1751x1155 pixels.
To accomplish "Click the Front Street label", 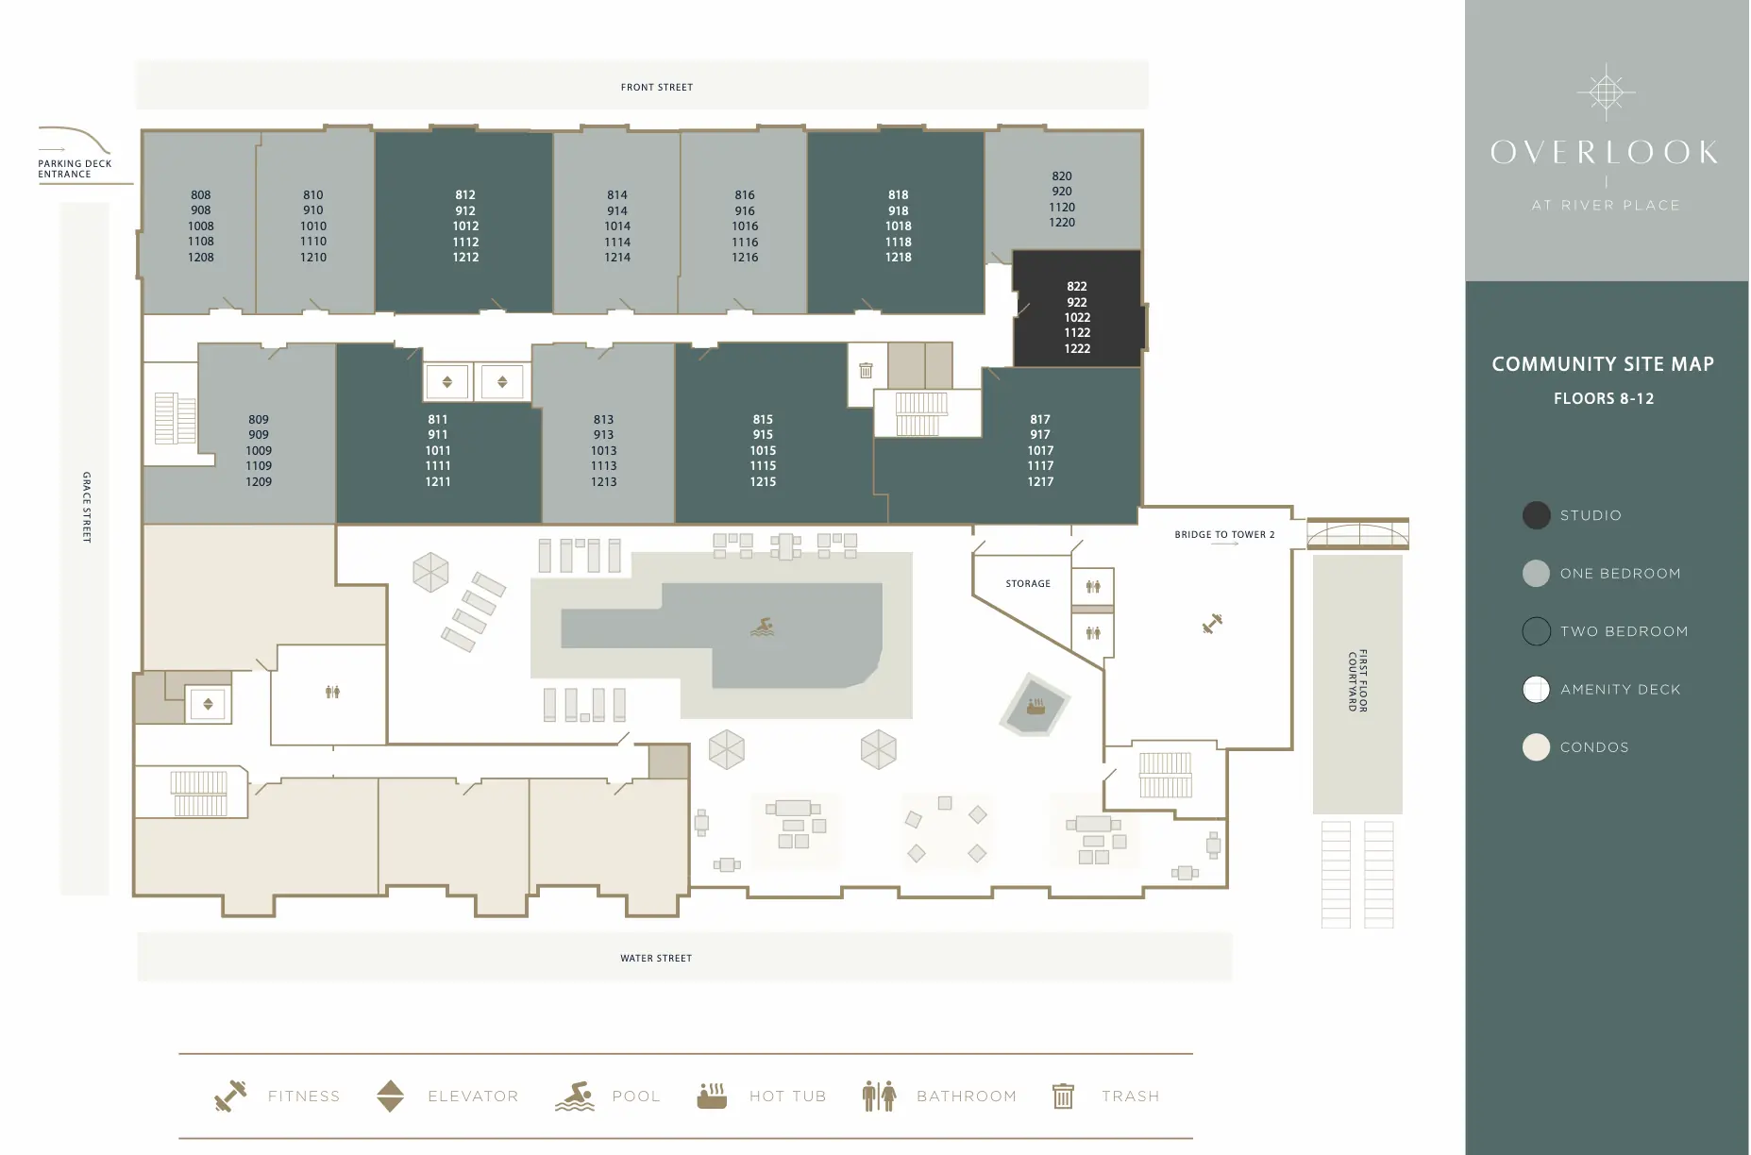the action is pos(657,87).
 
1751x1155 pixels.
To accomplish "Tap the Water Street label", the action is pos(656,958).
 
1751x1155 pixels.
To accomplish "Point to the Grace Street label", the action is pos(87,507).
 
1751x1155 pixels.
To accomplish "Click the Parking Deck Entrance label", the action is pos(75,169).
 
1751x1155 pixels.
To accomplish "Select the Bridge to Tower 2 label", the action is pos(1224,534).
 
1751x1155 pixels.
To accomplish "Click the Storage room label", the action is pos(1028,583).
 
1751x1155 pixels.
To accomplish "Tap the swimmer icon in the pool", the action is pos(763,627).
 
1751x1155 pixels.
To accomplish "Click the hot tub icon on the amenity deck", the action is pos(1035,705).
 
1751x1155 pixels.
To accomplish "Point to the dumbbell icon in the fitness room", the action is pos(1212,623).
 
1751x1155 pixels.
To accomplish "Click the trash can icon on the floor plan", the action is pos(866,370).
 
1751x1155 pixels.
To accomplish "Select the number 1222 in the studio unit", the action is pos(1077,348).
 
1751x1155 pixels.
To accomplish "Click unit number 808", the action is pos(201,195).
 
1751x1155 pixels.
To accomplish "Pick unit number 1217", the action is pos(1040,481).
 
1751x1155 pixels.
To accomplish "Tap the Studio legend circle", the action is pos(1536,515).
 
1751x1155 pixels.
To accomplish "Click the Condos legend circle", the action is pos(1536,747).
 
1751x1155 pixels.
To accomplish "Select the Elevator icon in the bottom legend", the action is pos(390,1096).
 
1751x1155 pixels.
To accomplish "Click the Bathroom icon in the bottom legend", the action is pos(879,1096).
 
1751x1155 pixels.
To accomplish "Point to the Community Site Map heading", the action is pos(1603,364).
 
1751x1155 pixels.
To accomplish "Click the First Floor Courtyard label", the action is pos(1357,680).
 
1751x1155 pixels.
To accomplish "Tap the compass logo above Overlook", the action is pos(1606,92).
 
